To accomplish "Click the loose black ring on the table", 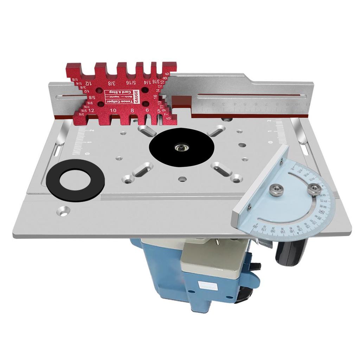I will pyautogui.click(x=75, y=180).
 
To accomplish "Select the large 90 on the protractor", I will pyautogui.click(x=321, y=212).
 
